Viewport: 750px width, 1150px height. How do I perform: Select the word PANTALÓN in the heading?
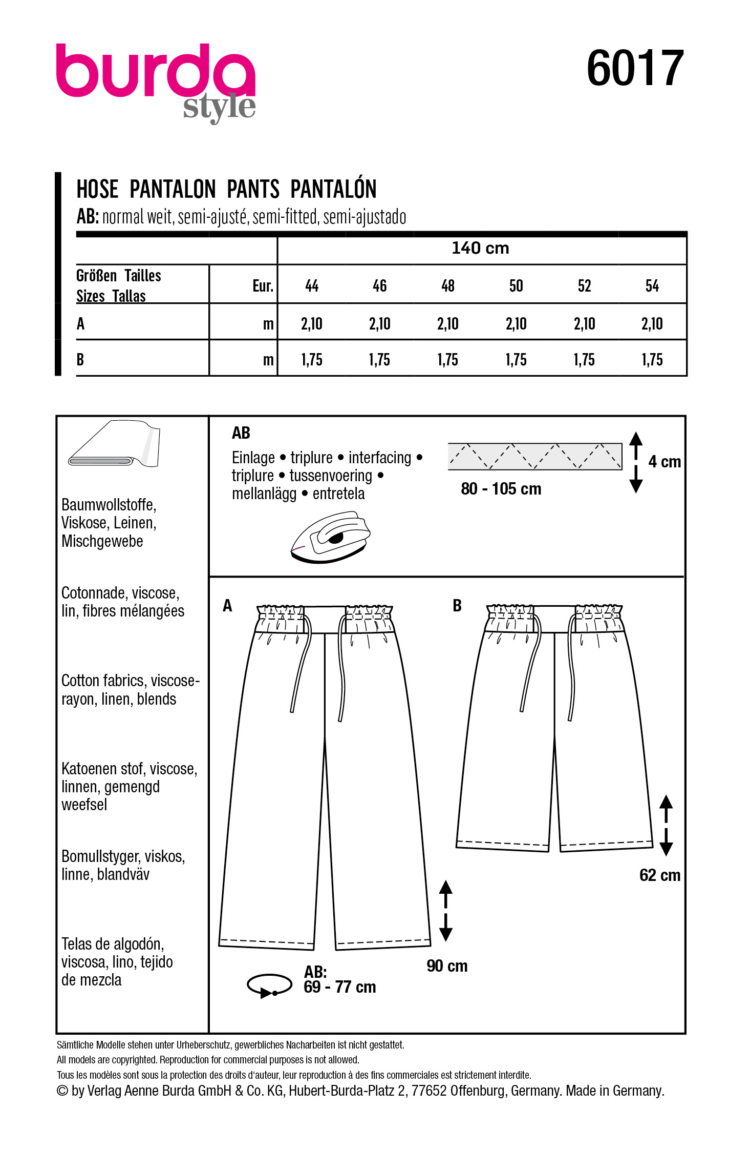tap(333, 189)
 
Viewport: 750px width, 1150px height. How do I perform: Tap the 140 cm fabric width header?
tap(480, 249)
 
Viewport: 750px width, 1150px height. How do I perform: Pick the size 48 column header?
tap(448, 286)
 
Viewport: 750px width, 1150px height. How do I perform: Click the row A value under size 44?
tap(312, 324)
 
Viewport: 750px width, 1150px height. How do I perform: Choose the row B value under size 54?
tap(652, 360)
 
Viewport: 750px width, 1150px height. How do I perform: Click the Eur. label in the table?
tap(263, 286)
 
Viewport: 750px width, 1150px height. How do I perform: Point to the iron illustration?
tap(330, 537)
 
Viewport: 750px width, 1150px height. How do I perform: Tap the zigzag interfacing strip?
tap(534, 456)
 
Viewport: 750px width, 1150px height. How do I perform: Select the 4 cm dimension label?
tap(664, 462)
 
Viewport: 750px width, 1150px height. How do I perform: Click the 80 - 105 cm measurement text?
tap(501, 489)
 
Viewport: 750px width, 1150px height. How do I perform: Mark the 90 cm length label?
tap(447, 966)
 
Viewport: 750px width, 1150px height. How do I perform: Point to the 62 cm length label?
tap(659, 875)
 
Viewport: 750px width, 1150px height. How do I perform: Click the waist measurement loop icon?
tap(269, 985)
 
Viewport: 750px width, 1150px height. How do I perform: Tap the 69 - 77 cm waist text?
tap(339, 987)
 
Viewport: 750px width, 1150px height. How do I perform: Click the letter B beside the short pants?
tap(457, 606)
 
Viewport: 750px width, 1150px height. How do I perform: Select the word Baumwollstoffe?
tap(109, 505)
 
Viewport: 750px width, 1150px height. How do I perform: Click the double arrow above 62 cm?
tap(666, 825)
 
